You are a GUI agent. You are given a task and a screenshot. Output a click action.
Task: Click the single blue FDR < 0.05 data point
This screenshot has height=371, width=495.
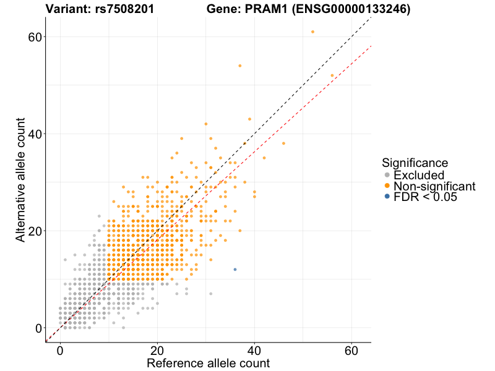(x=235, y=270)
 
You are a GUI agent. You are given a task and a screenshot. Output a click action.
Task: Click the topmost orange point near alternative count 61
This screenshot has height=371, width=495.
(x=313, y=32)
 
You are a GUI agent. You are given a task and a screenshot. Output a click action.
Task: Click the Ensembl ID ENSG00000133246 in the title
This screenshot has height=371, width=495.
(x=352, y=9)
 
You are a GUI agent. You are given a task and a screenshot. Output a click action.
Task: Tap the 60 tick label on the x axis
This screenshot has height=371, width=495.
(x=352, y=349)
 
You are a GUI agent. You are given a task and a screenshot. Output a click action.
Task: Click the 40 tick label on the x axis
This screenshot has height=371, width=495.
(x=255, y=349)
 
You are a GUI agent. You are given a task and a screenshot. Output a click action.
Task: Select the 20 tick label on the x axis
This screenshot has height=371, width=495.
(x=158, y=349)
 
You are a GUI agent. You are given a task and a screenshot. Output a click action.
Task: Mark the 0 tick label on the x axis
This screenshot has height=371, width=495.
(x=60, y=349)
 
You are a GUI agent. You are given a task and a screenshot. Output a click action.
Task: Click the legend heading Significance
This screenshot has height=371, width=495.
(x=415, y=163)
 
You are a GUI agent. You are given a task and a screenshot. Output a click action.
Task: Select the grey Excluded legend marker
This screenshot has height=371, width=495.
(x=387, y=175)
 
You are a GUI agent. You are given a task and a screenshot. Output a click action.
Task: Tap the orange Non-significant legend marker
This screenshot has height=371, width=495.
(x=387, y=186)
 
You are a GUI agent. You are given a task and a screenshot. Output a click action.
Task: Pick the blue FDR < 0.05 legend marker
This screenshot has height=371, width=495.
(x=387, y=197)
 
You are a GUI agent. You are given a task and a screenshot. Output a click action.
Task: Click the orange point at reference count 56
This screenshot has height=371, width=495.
(x=332, y=75)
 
